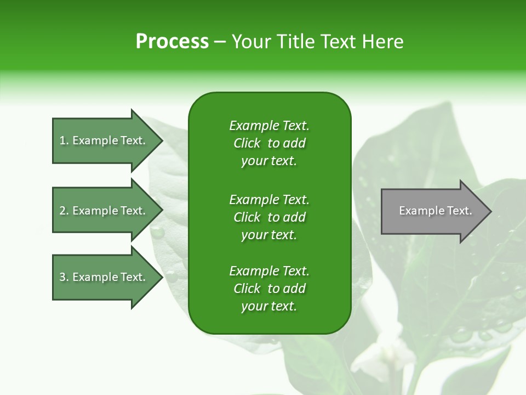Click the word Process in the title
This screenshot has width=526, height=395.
coord(172,42)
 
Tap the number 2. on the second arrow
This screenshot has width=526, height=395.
coord(64,211)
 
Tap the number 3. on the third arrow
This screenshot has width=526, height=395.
coord(64,277)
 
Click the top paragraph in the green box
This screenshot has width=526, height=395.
coord(269,143)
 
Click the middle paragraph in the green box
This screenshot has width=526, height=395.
coord(269,217)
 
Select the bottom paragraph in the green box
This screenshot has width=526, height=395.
coord(269,289)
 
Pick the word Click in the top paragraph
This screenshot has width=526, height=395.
coord(247,143)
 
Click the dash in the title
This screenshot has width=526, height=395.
coord(220,42)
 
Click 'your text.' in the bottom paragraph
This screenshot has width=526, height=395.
coord(269,306)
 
